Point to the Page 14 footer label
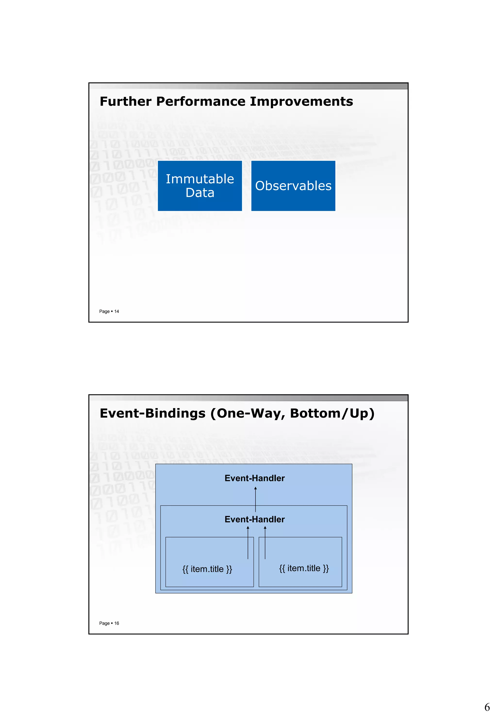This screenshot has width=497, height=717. [109, 311]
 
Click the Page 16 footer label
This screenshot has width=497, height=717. [109, 623]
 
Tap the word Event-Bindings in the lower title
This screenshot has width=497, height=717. [153, 413]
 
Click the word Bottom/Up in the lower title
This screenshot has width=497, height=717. [332, 413]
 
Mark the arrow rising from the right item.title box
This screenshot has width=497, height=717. [265, 542]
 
